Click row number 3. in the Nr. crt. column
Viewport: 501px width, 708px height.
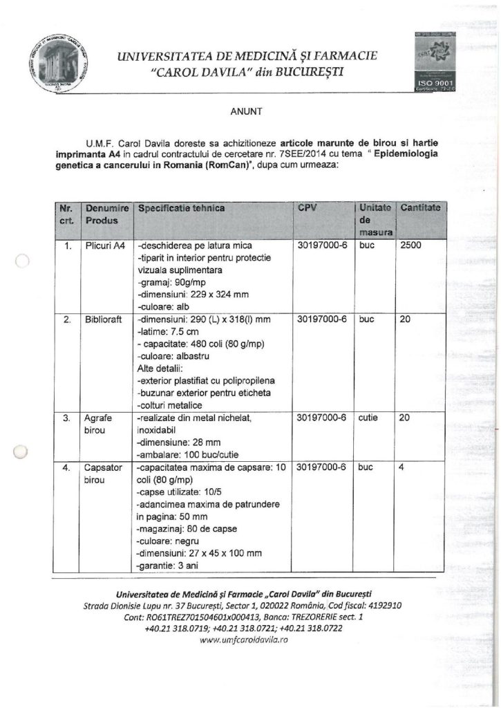(67, 418)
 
